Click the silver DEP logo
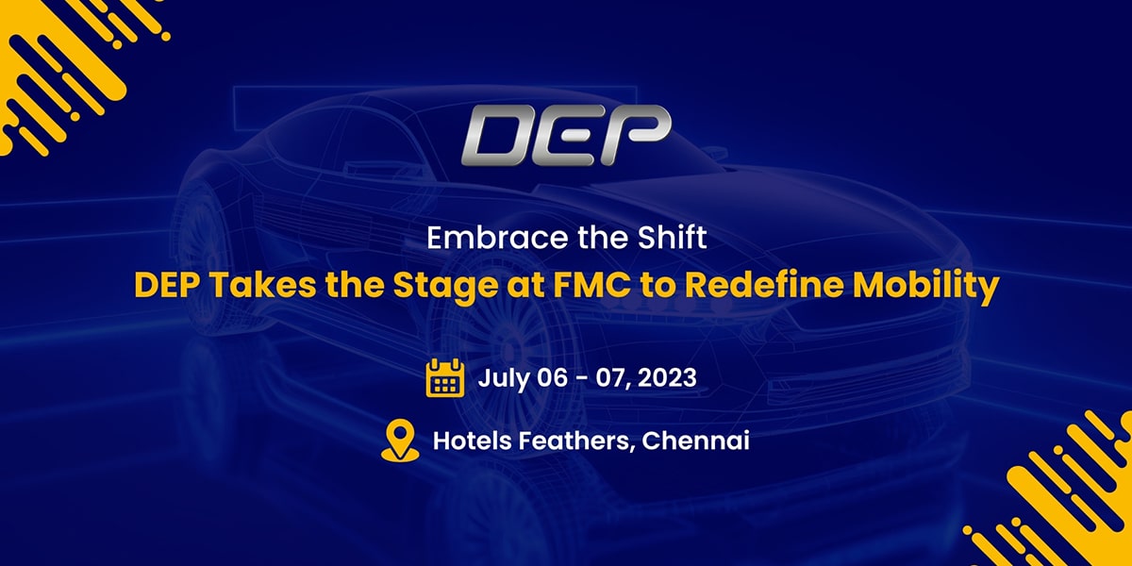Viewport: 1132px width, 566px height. coord(566,135)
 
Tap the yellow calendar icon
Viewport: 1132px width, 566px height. coord(444,377)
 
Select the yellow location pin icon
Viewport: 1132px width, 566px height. coord(400,441)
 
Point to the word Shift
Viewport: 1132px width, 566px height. coord(672,237)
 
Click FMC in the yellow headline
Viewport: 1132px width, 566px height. coord(591,285)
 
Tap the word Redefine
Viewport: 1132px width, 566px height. coord(764,285)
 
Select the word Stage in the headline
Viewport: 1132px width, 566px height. coord(445,287)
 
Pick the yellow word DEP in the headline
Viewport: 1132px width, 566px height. coord(167,285)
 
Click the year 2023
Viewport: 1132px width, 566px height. coord(667,377)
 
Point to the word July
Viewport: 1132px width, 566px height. coord(504,379)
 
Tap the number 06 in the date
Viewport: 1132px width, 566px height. coord(552,377)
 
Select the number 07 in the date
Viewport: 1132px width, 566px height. coord(611,378)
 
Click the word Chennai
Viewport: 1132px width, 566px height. coord(695,441)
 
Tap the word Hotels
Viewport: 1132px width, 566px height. coord(473,441)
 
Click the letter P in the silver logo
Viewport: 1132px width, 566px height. coord(638,135)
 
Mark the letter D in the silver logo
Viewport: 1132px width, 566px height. coord(499,136)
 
